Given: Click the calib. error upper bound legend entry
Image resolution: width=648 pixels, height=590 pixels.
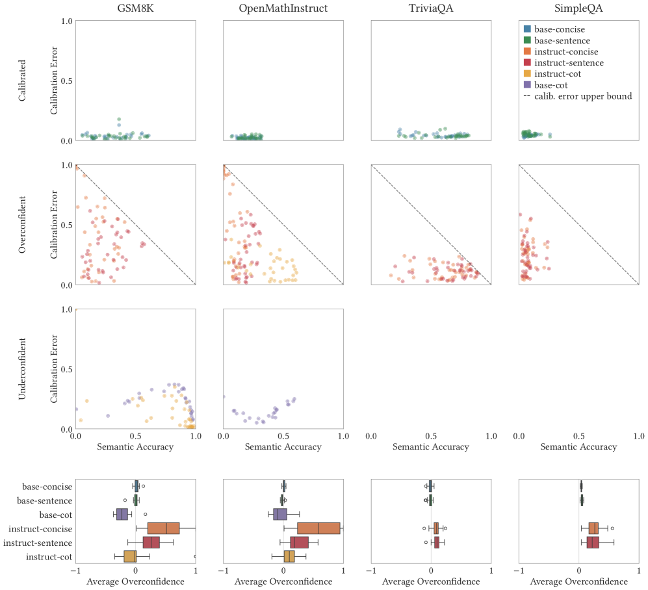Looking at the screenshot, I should (582, 96).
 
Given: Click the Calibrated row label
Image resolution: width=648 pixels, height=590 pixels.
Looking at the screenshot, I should (23, 81).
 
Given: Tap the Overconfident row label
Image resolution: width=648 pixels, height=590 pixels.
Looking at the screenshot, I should (23, 225).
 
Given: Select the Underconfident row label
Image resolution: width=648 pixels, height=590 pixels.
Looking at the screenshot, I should (23, 369).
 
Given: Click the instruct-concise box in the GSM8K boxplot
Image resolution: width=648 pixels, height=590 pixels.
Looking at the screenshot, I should (163, 528).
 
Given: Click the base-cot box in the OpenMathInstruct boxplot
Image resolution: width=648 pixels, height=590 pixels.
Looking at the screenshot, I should (279, 514).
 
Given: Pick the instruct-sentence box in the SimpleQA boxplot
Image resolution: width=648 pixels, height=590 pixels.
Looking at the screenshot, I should (593, 543).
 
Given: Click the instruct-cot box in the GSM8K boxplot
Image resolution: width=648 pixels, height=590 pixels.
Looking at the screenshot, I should (130, 557).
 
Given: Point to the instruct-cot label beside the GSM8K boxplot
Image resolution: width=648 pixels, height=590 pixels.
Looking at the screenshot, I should (49, 557).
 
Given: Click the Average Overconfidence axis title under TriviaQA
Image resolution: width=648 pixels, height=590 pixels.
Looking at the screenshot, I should (430, 582).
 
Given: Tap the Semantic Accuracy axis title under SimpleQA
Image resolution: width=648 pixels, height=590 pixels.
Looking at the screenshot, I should (578, 446).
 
